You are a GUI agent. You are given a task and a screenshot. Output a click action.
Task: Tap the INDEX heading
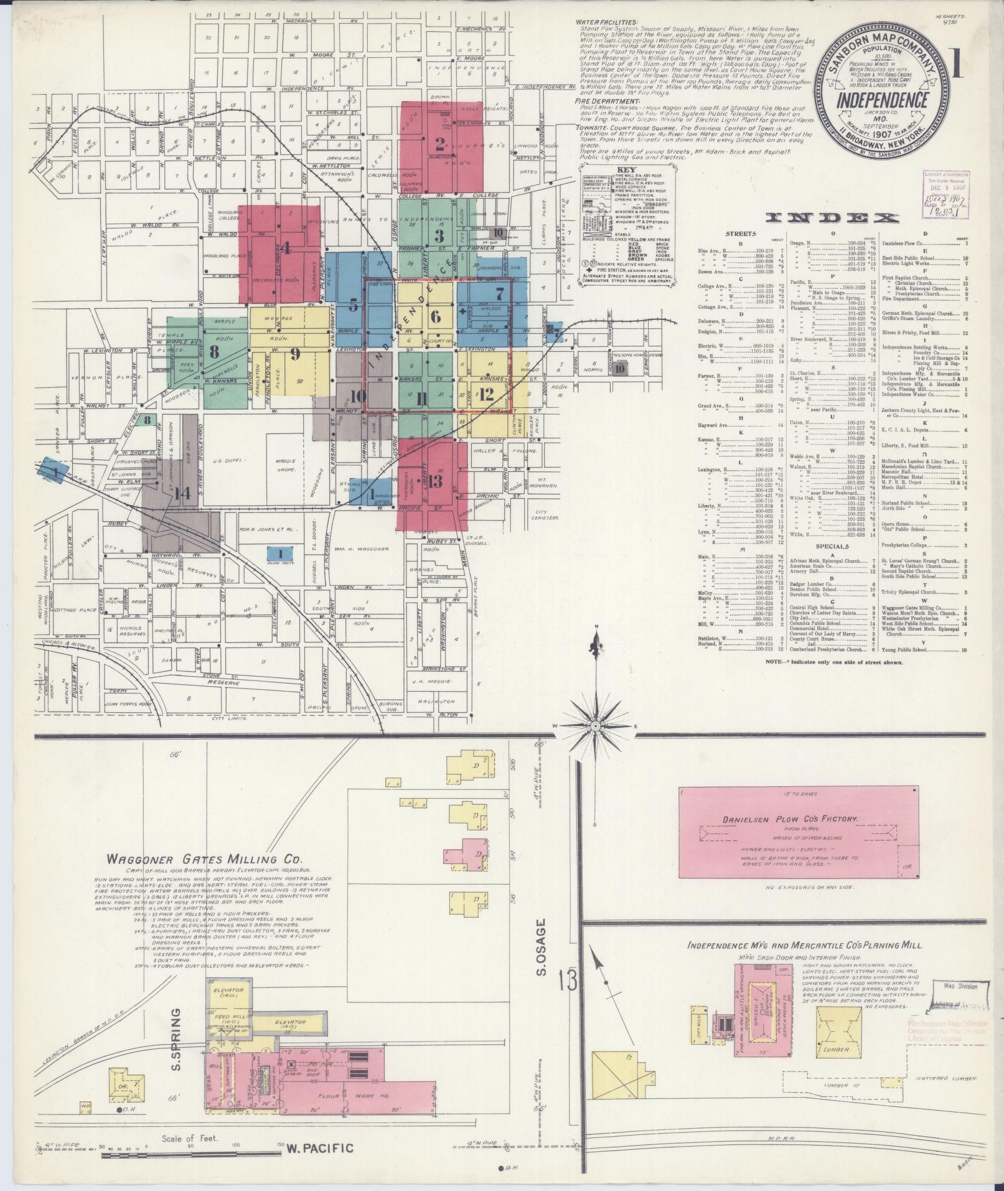(x=833, y=217)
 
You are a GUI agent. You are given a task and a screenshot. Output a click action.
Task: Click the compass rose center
(x=596, y=726)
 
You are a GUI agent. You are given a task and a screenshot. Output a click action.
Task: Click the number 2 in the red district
(x=440, y=144)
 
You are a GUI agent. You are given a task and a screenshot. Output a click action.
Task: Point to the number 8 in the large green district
(x=214, y=351)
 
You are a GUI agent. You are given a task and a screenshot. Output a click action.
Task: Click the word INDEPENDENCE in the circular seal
(x=882, y=100)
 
